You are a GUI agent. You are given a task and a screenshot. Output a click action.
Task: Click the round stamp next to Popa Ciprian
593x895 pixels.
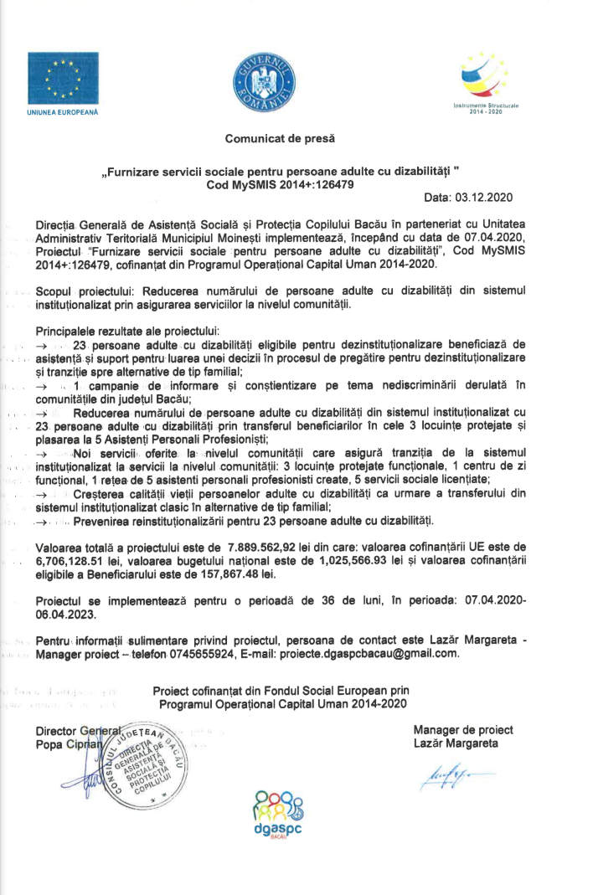tap(160, 761)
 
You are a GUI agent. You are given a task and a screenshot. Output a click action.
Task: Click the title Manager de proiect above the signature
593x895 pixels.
tap(463, 729)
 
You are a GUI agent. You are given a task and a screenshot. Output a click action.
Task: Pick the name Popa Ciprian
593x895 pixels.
tap(68, 743)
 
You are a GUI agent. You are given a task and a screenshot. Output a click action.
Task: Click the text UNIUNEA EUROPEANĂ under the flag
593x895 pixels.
tap(63, 111)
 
